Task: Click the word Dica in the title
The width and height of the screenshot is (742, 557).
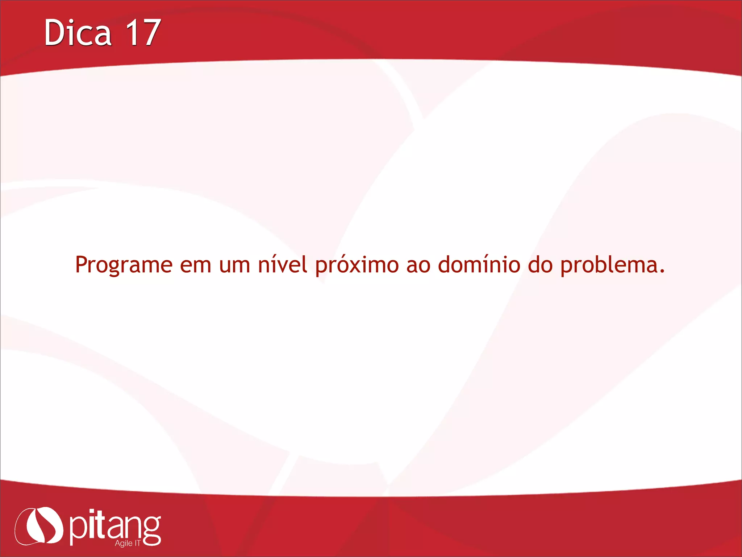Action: pos(78,33)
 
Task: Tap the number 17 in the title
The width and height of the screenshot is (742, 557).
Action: pos(143,33)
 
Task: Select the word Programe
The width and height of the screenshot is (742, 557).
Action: pos(124,265)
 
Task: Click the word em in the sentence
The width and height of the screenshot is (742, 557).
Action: pos(196,265)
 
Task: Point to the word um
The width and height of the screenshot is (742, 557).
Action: pos(234,265)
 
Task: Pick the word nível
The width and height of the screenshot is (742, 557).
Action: pos(283,264)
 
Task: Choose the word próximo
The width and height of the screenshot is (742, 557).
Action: pos(357,265)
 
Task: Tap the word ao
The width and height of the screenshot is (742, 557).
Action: pos(418,265)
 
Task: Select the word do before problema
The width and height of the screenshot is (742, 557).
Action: pos(540,264)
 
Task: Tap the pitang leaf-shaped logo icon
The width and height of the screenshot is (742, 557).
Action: pos(39,526)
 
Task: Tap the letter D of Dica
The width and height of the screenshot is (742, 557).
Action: pos(53,33)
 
